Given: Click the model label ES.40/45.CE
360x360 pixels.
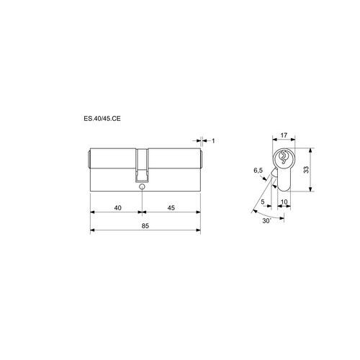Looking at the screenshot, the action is [x=102, y=119].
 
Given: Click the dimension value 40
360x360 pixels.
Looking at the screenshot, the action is [x=117, y=208].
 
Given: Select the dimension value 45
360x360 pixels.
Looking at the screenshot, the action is [x=171, y=208].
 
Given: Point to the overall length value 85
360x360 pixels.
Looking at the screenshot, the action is [x=145, y=226].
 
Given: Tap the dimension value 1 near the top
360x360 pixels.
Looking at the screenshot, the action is [x=213, y=141].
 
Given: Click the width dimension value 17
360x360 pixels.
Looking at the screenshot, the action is [x=284, y=135].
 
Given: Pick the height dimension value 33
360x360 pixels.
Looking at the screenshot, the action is [x=306, y=170].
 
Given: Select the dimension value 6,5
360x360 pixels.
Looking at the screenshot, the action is [x=258, y=171].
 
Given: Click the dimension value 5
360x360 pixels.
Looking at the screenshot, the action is [x=263, y=202].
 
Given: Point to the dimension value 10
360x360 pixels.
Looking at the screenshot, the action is [x=284, y=202].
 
